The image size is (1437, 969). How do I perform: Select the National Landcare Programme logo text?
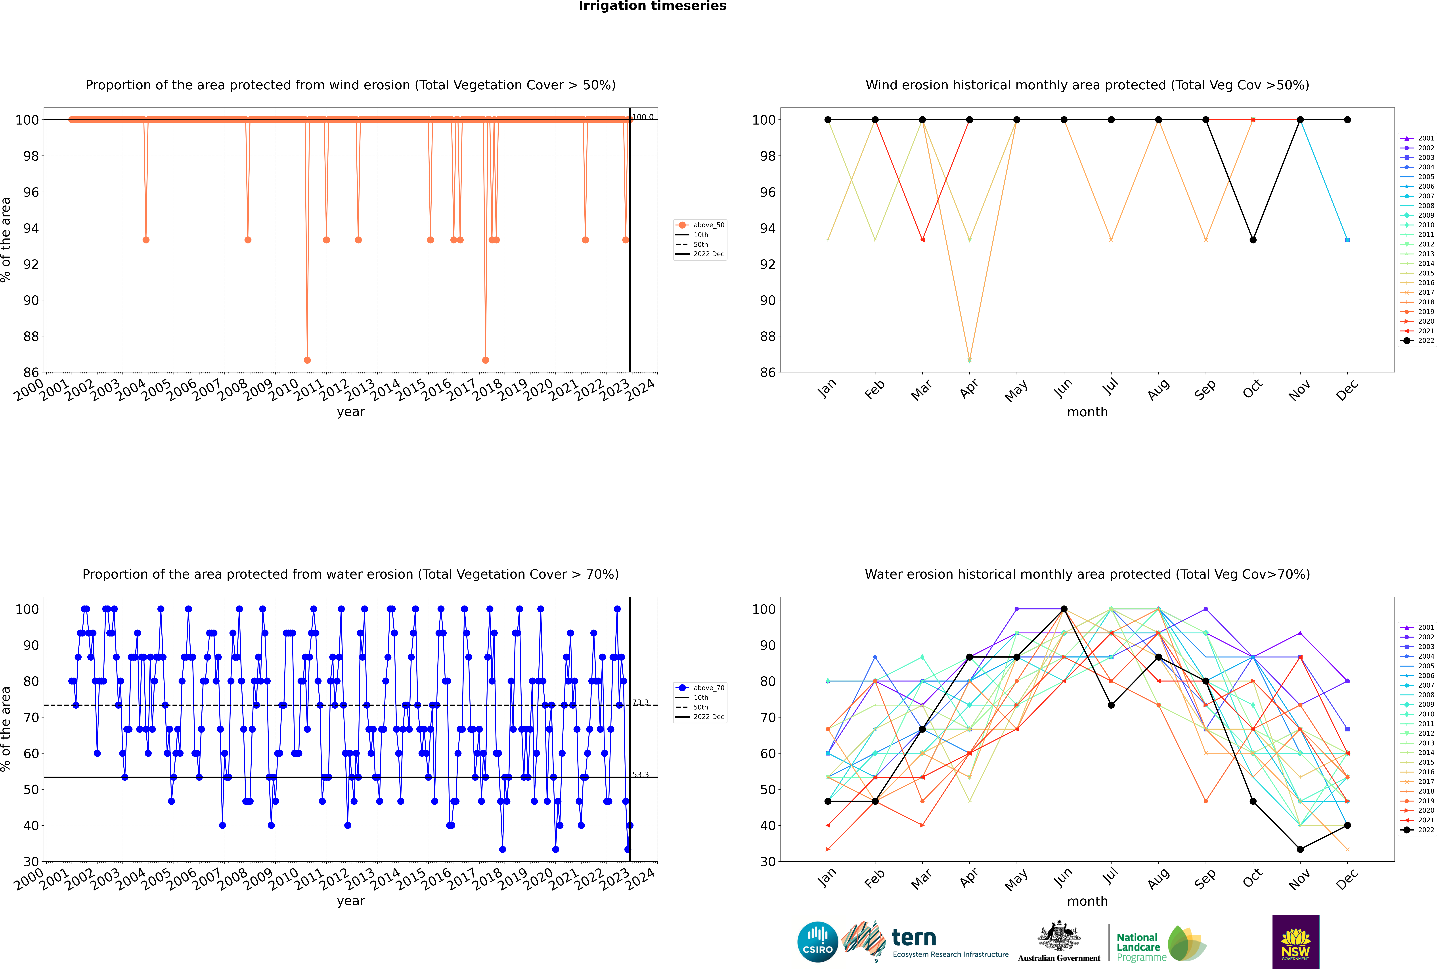(1138, 947)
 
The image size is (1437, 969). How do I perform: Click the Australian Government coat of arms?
(1059, 937)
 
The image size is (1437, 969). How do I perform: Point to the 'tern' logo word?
(914, 938)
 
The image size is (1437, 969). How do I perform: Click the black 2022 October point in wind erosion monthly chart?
(1253, 240)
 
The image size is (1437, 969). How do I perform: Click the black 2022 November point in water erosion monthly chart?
(1300, 849)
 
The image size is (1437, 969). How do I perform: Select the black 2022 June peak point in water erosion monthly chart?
(1064, 609)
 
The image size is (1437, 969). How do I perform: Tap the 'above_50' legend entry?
(708, 225)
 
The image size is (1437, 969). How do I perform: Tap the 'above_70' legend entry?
(708, 688)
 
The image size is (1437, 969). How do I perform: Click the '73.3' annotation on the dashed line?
(641, 703)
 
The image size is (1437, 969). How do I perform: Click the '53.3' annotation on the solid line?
(641, 774)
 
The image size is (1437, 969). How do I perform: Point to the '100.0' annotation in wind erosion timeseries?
(643, 117)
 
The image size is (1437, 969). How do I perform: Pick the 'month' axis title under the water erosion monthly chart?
(1087, 901)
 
